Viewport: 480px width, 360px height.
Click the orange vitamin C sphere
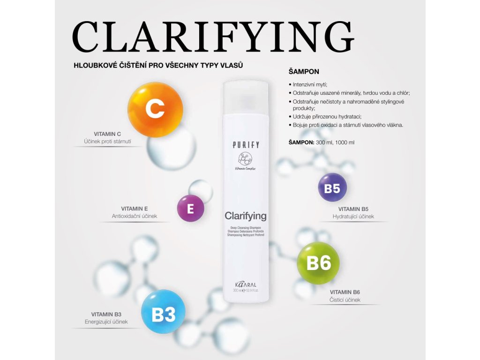point(155,110)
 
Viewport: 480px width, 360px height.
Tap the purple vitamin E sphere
point(190,208)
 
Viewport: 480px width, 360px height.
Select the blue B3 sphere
point(163,313)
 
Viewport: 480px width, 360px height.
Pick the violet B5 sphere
point(332,188)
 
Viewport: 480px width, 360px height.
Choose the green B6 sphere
point(318,263)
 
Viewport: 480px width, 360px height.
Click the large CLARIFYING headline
point(213,37)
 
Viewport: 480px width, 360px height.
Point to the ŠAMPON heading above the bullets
point(304,72)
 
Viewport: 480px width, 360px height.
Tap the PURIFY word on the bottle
point(246,145)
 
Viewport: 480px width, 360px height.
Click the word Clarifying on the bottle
point(245,216)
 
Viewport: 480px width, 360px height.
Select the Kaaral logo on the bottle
point(246,285)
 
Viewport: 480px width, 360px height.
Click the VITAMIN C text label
point(108,134)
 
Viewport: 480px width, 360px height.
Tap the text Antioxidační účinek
point(134,216)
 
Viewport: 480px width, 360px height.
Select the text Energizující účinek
point(106,322)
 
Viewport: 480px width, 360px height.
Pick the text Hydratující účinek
point(353,217)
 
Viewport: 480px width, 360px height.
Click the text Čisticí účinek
point(345,300)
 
